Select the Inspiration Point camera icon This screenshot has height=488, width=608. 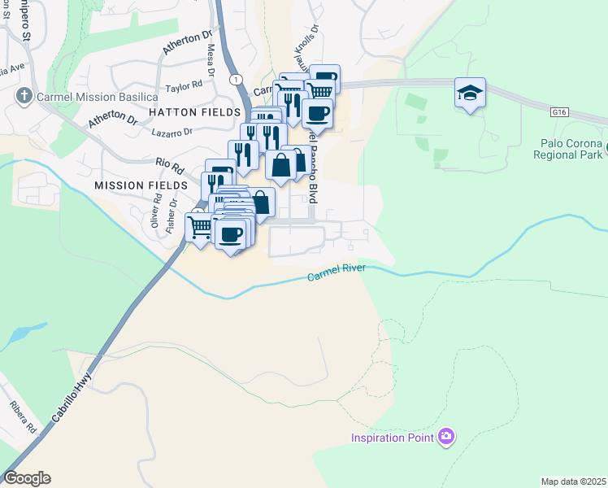[x=445, y=438]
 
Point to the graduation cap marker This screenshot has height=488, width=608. [x=470, y=93]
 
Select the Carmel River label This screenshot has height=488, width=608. [x=337, y=273]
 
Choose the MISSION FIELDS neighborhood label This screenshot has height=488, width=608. [x=141, y=185]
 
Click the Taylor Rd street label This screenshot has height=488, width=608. [x=183, y=86]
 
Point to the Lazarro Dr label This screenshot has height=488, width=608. [x=172, y=131]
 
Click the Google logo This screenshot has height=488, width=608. [x=27, y=478]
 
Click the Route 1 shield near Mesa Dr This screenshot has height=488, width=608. [x=234, y=79]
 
